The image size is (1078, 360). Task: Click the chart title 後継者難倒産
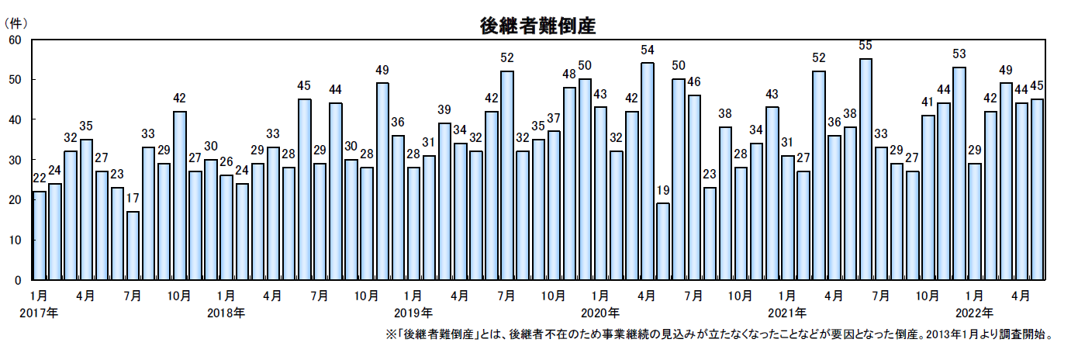[537, 25]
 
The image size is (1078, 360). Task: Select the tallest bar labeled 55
[866, 169]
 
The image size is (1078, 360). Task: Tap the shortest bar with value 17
[133, 245]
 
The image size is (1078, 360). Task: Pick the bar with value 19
[662, 241]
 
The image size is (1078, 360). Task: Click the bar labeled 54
[647, 171]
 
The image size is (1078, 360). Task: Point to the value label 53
[959, 54]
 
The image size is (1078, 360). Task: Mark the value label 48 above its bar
[569, 74]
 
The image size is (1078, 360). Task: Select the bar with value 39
[444, 201]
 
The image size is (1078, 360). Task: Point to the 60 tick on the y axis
[15, 40]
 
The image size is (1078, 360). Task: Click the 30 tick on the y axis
[15, 160]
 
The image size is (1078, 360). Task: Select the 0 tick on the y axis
[18, 280]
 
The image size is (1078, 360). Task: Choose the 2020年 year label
[600, 313]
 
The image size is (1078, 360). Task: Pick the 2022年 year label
[975, 313]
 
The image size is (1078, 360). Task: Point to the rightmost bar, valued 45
[1037, 189]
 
